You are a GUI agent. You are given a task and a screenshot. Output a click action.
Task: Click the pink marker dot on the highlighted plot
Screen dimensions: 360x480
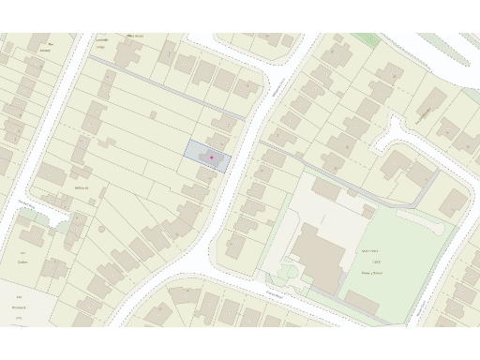[212, 157]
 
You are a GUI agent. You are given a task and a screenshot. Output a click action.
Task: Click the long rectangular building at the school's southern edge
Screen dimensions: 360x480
[362, 303]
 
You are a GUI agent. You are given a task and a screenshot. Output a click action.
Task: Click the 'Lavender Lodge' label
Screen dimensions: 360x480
[103, 41]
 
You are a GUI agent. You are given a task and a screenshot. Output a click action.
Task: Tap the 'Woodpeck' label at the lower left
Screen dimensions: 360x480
[17, 307]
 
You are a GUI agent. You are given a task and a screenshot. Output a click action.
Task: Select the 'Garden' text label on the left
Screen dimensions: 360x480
[22, 262]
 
